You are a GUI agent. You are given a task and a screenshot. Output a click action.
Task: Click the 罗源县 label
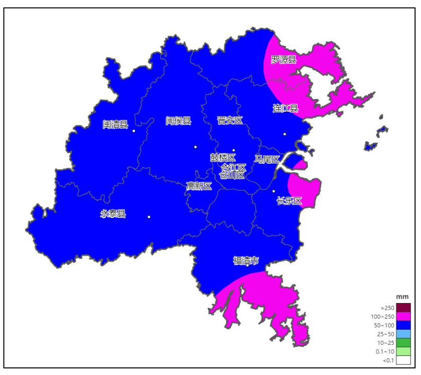[284, 60]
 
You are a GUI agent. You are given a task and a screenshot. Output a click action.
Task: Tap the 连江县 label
[285, 108]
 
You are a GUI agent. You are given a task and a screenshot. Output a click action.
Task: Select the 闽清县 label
[115, 124]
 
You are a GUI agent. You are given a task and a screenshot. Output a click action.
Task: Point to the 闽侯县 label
[179, 120]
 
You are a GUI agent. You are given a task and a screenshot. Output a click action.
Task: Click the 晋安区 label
[230, 120]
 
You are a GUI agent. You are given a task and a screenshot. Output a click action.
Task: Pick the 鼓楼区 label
[223, 158]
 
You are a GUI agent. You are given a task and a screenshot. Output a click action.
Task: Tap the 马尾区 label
[267, 160]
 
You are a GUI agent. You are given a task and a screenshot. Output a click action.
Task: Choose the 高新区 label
[199, 186]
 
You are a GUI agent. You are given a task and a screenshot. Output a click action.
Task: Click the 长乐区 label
[289, 201]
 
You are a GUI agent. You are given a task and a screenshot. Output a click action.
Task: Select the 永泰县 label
[113, 213]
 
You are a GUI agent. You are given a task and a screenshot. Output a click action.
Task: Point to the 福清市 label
[246, 261]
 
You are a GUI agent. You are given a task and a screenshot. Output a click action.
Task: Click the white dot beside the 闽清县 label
[134, 131]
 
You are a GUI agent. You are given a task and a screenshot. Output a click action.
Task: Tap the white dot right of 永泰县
[149, 217]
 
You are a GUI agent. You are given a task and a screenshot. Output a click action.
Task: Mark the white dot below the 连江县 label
[285, 134]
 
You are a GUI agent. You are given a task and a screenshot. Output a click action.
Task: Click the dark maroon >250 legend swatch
[403, 308]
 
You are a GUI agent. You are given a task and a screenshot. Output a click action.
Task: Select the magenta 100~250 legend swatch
[403, 316]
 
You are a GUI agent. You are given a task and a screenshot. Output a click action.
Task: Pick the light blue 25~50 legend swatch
[403, 334]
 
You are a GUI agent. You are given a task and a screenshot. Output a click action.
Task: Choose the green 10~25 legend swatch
[403, 342]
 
